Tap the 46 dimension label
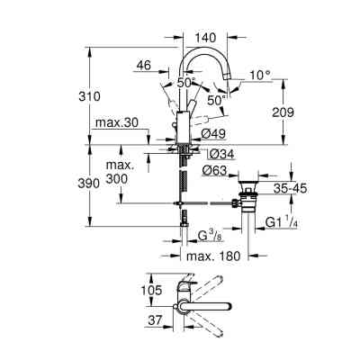[x=142, y=65]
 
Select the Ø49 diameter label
[x=213, y=133]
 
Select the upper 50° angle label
[x=184, y=82]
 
